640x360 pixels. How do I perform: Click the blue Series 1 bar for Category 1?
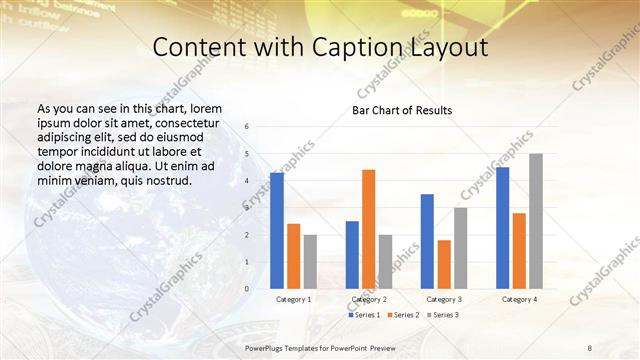click(277, 230)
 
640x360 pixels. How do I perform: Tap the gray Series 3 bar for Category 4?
click(536, 221)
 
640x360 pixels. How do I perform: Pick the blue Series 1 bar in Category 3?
click(427, 241)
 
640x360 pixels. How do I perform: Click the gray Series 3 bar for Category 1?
click(310, 261)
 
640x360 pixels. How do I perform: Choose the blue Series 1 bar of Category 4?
click(502, 227)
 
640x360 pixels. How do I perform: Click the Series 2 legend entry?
click(404, 315)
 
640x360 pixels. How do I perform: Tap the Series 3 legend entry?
click(442, 315)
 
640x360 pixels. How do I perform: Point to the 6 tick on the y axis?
click(247, 127)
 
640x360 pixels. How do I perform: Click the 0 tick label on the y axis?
click(247, 289)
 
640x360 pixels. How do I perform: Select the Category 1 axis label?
click(293, 299)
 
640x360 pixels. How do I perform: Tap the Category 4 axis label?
click(519, 299)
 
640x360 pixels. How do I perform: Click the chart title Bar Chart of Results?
click(402, 110)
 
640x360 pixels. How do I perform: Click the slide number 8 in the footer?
click(589, 346)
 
